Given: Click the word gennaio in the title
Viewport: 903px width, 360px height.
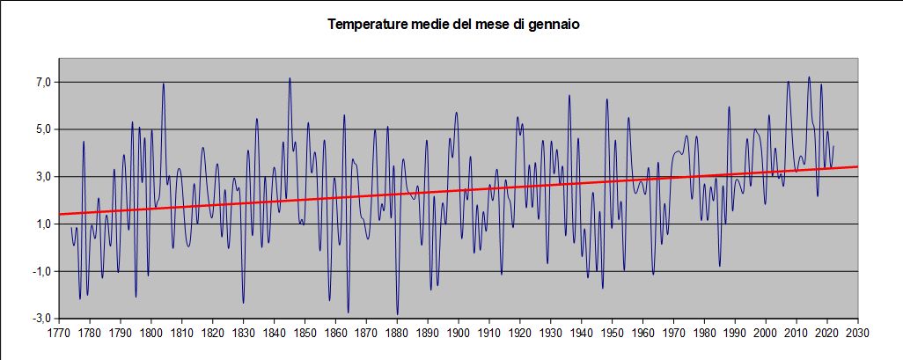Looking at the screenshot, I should pos(555,25).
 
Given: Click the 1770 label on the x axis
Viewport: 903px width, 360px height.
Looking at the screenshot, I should pos(59,334).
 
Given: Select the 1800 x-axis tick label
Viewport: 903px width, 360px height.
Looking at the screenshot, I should pos(151,334).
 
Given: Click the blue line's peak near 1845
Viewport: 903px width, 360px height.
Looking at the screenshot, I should pos(290,78).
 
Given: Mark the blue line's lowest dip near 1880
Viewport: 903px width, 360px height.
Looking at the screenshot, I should pos(397,314).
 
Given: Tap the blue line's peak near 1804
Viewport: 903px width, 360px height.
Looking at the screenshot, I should pos(164,84).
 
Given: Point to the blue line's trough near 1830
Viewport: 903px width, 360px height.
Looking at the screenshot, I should pos(244,304).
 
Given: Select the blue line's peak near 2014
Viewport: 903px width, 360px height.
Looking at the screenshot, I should pos(809,77).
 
